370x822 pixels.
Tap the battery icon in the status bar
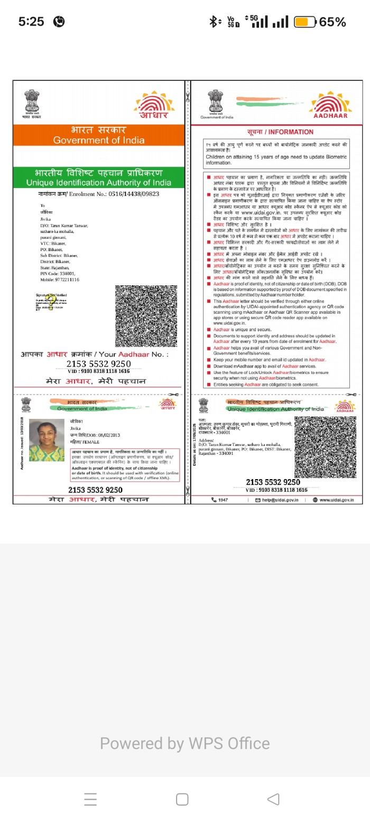[304, 22]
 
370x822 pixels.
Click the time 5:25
[31, 22]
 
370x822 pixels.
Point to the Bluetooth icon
[213, 22]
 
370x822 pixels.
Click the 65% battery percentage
[332, 22]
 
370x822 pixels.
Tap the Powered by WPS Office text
[185, 743]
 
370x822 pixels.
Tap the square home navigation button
[182, 799]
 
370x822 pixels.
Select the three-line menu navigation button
[90, 799]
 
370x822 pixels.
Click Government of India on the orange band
[98, 140]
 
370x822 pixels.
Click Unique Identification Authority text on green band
[99, 183]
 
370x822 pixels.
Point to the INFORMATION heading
[280, 132]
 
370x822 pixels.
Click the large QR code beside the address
[146, 316]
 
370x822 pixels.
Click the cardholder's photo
[47, 440]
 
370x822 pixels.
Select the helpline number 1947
[220, 500]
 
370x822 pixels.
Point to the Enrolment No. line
[99, 194]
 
